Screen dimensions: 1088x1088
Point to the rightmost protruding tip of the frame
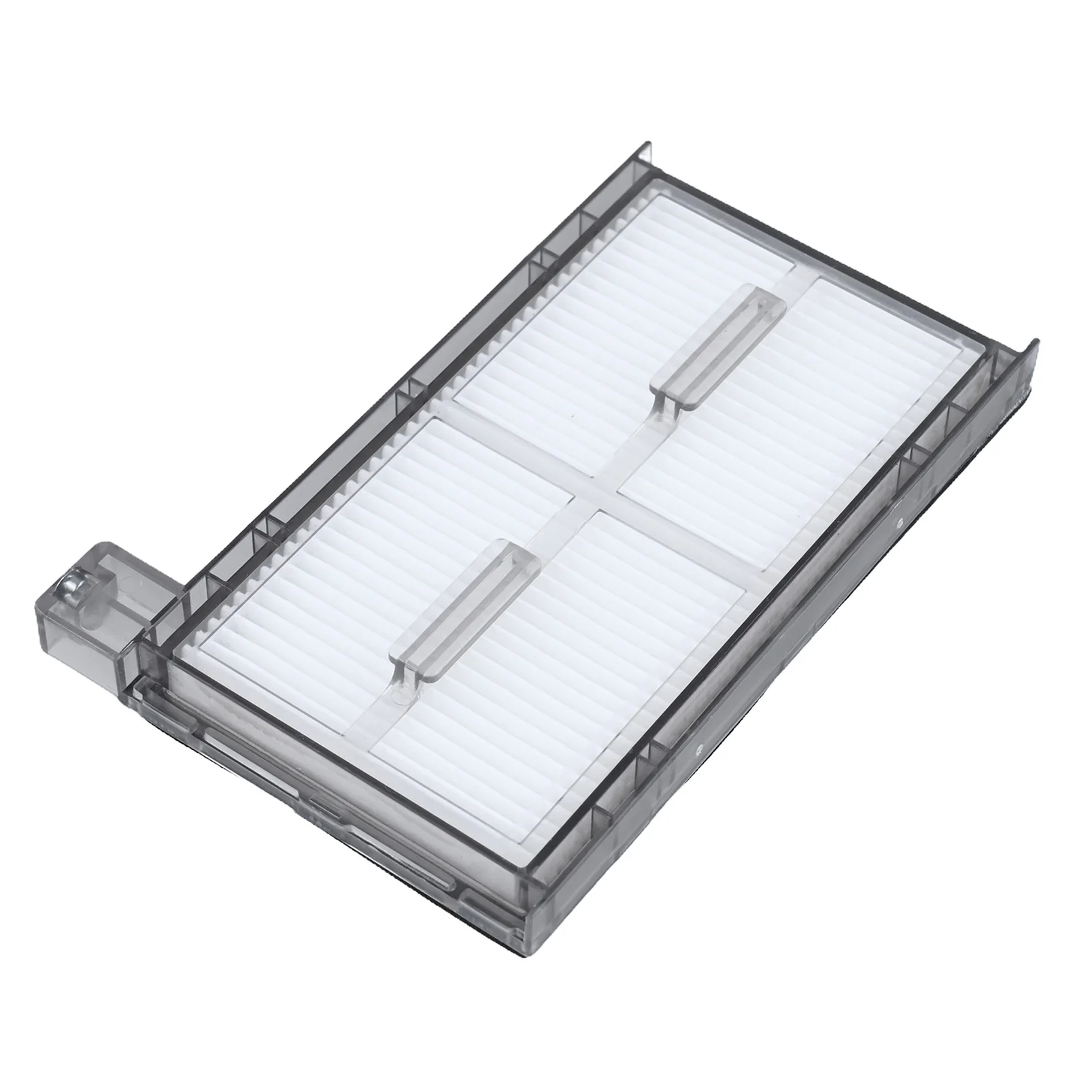[x=1036, y=340]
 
